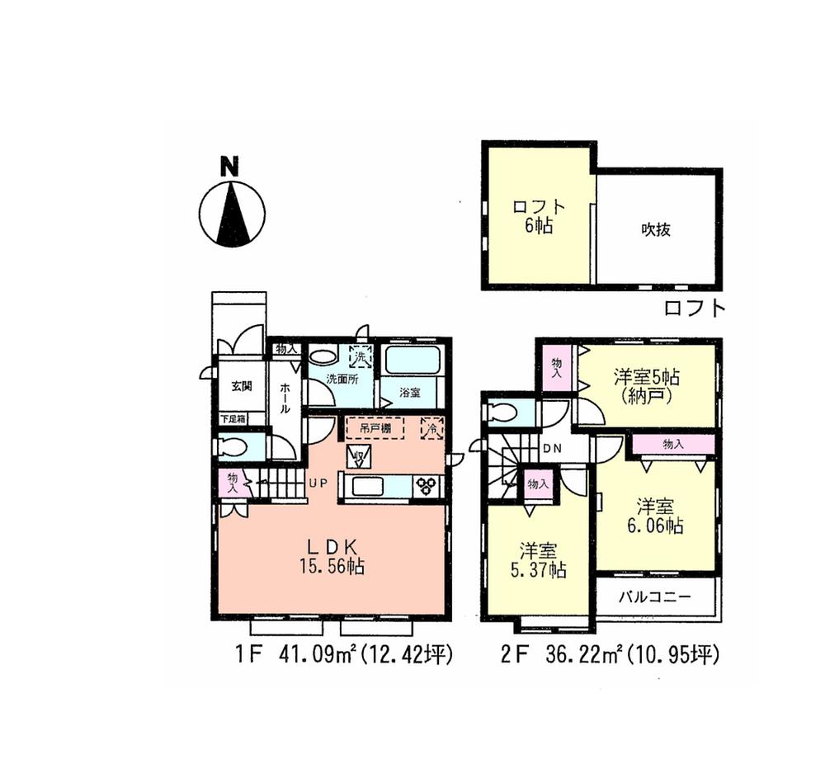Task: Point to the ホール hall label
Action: click(x=285, y=398)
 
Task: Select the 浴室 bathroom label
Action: click(x=410, y=393)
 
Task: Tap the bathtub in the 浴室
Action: click(x=413, y=361)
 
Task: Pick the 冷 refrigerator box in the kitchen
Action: click(x=431, y=427)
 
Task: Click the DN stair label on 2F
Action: click(x=552, y=448)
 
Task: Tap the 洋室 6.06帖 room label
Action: click(x=658, y=516)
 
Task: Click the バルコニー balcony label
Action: click(x=654, y=596)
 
